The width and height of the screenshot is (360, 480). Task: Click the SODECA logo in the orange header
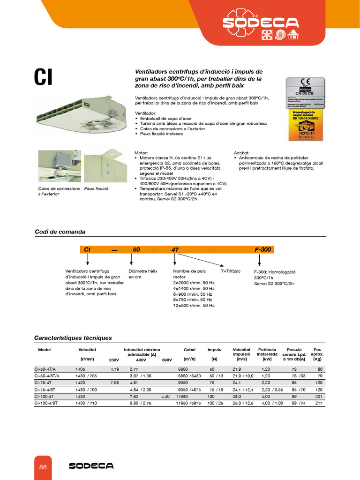(x=261, y=22)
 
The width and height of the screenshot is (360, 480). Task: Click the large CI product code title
(x=43, y=78)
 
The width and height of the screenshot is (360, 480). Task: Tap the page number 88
(x=43, y=467)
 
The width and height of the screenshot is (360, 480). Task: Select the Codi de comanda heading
(x=60, y=232)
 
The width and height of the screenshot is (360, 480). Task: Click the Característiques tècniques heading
(x=73, y=337)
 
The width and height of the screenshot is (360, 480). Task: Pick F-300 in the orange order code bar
(x=263, y=250)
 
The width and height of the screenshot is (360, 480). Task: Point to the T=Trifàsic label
(x=230, y=271)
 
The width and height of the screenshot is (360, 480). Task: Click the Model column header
(x=44, y=350)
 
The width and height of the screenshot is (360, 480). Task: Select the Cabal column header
(x=189, y=350)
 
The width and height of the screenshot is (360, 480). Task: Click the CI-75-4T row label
(x=45, y=382)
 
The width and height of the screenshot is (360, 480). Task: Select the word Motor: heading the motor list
(x=141, y=153)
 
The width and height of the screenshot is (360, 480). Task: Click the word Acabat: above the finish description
(x=241, y=153)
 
